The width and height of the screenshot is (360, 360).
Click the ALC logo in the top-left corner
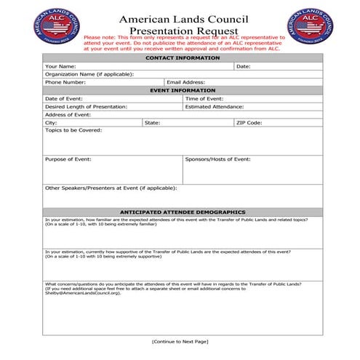(59, 27)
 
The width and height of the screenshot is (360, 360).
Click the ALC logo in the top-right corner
(311, 26)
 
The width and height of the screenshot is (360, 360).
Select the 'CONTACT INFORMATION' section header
(182, 58)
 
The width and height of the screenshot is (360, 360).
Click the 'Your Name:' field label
(60, 66)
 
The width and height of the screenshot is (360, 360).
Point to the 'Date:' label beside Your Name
(244, 66)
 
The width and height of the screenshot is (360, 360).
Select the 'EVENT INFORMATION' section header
(182, 90)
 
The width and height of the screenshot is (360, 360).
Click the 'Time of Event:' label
(204, 98)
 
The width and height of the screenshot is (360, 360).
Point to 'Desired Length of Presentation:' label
(86, 106)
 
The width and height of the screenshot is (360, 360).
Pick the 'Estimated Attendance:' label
(215, 106)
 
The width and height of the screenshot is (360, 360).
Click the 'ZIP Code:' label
(249, 122)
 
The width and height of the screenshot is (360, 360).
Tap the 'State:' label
(153, 122)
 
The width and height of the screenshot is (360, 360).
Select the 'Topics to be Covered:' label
(73, 130)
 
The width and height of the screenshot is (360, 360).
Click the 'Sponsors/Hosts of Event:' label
(217, 159)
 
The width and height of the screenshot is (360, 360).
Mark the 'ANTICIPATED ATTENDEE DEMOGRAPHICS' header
(182, 212)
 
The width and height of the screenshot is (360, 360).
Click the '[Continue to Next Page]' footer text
(180, 341)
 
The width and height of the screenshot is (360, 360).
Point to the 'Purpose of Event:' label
(68, 159)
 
